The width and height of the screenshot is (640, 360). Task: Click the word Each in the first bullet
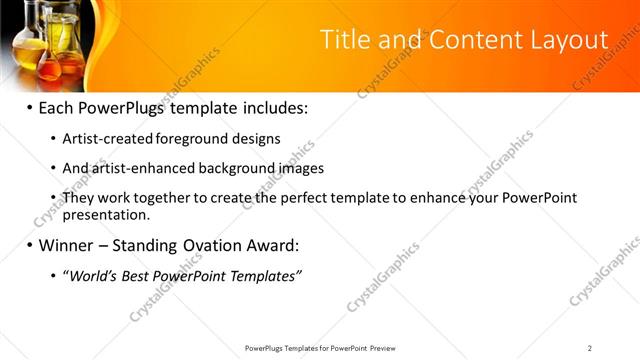pyautogui.click(x=58, y=107)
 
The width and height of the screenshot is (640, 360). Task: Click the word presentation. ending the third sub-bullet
pyautogui.click(x=107, y=214)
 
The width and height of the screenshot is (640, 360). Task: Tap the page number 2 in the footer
pyautogui.click(x=590, y=348)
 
